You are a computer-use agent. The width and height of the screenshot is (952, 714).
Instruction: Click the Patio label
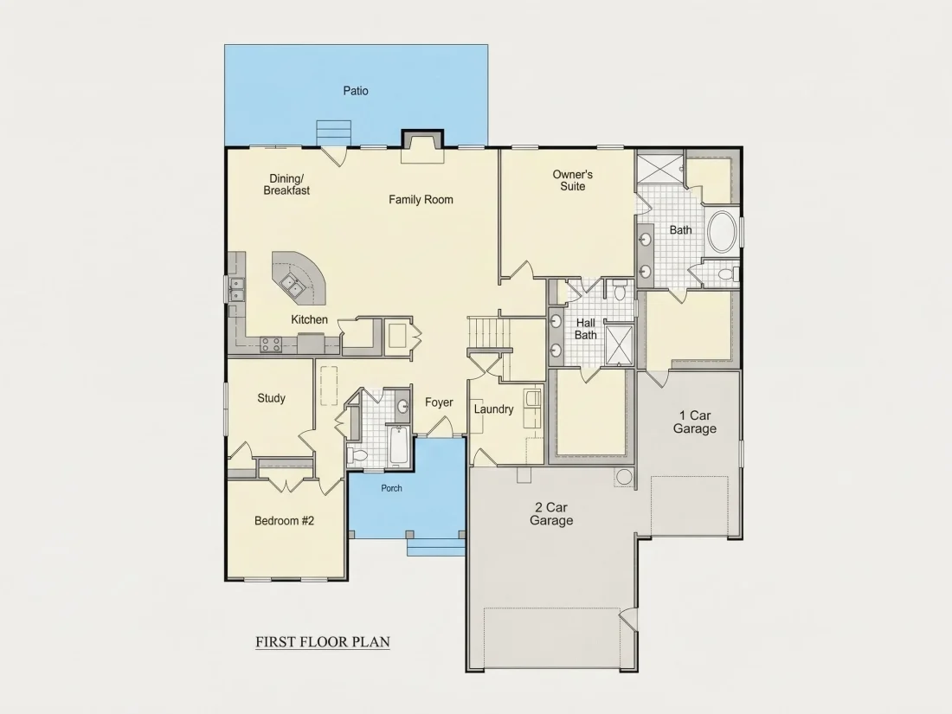pos(356,91)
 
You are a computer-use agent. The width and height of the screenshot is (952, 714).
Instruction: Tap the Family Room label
pos(421,199)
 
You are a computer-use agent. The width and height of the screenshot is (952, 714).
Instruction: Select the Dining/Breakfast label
pos(286,184)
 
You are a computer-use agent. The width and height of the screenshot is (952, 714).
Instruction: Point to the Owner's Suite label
pos(573,180)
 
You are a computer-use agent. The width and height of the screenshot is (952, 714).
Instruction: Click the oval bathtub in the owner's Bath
pos(724,231)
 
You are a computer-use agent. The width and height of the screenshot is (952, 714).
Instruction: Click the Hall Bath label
pos(586,329)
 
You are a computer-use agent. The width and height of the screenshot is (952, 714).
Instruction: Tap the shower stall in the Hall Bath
pos(620,344)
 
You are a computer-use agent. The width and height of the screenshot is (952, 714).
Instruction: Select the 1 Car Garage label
pos(695,422)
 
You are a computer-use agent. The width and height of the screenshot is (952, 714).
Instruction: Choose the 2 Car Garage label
pos(551,513)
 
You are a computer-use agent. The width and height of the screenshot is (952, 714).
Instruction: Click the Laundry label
pos(493,409)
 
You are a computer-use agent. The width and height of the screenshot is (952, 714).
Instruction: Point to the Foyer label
pos(439,402)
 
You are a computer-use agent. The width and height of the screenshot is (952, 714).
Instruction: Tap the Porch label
pos(391,488)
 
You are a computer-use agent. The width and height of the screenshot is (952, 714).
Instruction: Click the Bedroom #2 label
pos(284,521)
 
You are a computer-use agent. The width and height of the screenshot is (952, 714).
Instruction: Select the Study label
pos(271,398)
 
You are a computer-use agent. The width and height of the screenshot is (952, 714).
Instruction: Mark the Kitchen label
pos(309,319)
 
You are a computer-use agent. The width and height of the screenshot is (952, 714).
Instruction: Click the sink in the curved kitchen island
pos(293,284)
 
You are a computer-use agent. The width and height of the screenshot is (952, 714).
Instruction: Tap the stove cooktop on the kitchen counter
pos(271,344)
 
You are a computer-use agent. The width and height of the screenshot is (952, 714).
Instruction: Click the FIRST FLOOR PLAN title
pos(323,642)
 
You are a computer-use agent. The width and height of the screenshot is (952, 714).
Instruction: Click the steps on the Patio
pos(333,133)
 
